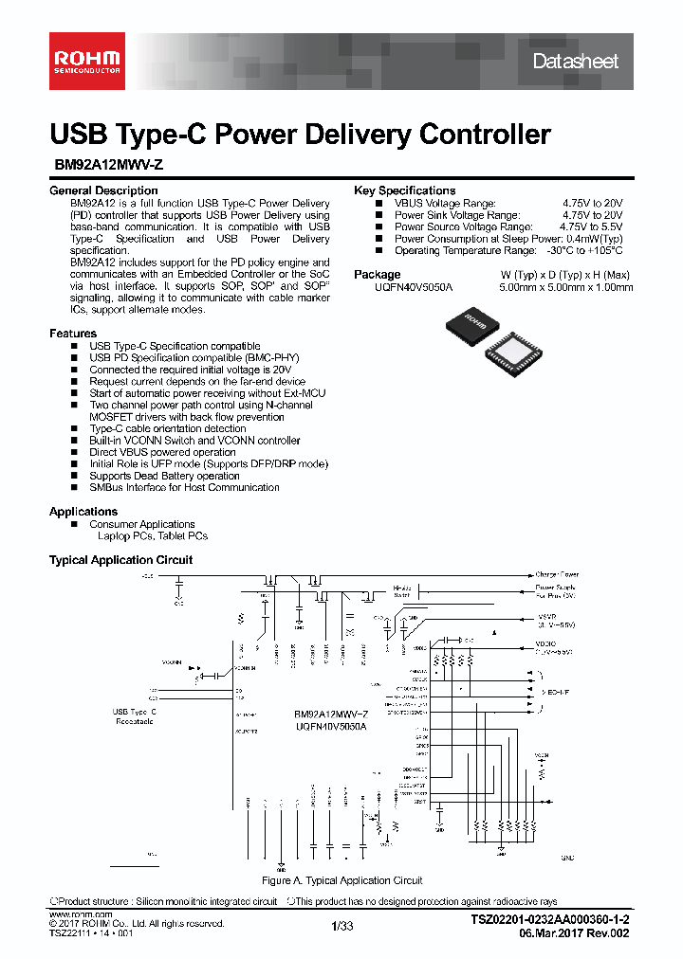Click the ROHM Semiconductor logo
click(86, 62)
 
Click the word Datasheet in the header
click(575, 62)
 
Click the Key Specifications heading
click(404, 190)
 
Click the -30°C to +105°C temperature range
click(584, 251)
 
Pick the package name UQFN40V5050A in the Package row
click(415, 287)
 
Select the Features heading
click(73, 334)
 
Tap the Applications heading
click(83, 512)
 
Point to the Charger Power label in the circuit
click(557, 574)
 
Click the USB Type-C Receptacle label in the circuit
click(134, 716)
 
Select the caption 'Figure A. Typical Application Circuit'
click(341, 880)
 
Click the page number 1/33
click(341, 926)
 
